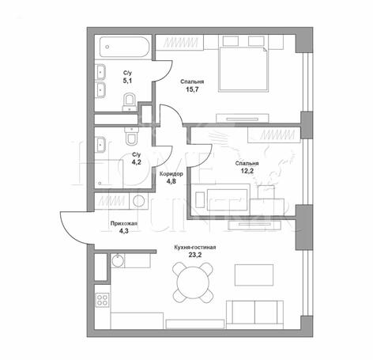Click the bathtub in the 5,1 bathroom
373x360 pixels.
[125, 47]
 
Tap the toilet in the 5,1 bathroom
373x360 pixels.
[130, 103]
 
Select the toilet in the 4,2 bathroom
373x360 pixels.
[131, 136]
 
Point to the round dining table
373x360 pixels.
[193, 282]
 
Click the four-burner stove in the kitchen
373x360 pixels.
[102, 300]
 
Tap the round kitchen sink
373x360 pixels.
[118, 260]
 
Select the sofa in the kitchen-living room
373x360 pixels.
[254, 315]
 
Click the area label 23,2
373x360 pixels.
[195, 255]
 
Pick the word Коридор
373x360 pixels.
[171, 174]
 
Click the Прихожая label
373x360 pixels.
[124, 224]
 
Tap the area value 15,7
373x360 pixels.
[192, 89]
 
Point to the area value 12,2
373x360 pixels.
[247, 171]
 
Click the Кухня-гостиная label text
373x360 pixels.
[195, 248]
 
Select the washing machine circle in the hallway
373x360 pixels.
[139, 201]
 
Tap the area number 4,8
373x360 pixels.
[171, 181]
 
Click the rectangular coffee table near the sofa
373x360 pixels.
[254, 275]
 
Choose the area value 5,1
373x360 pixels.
[127, 81]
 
